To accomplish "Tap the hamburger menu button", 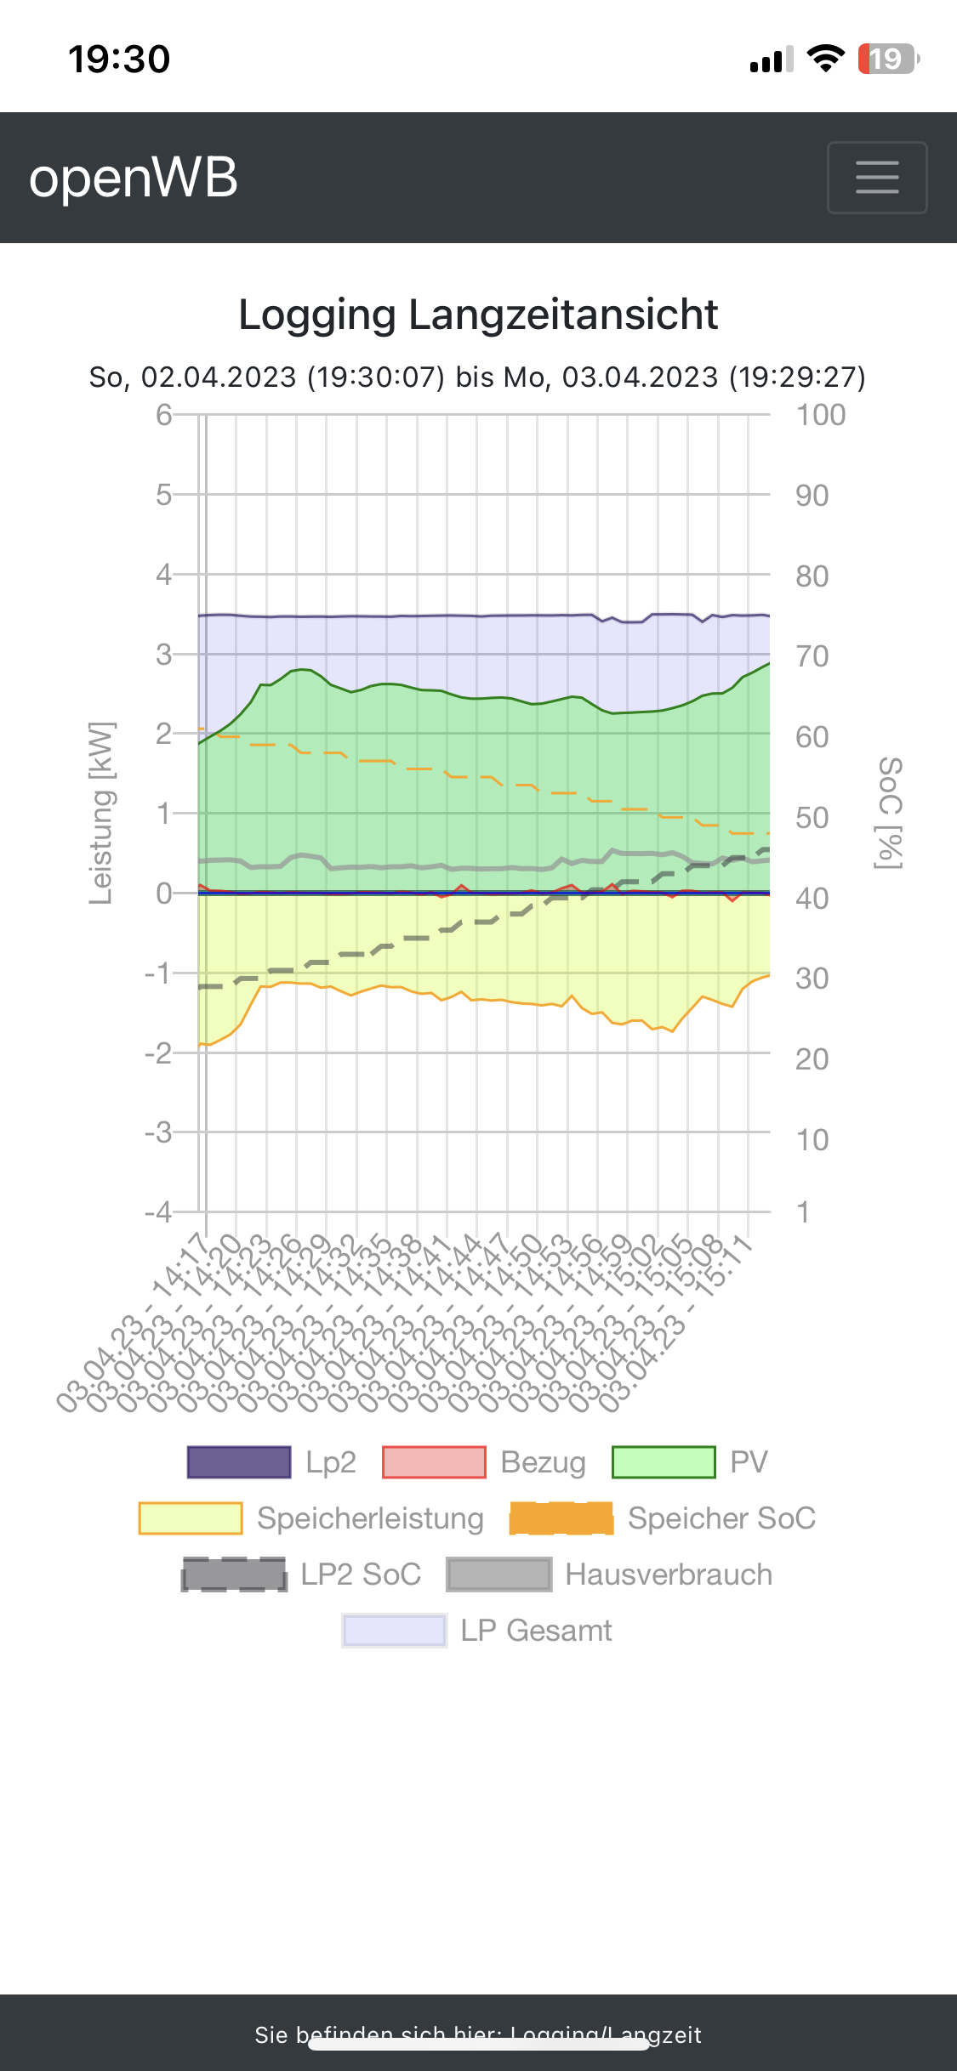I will [x=876, y=177].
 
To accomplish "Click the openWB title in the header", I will [x=134, y=178].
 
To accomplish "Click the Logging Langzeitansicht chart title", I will [x=478, y=315].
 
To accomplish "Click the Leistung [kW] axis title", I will [x=100, y=813].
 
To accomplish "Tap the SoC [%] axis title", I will [x=889, y=813].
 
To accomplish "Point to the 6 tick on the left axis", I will [x=163, y=415].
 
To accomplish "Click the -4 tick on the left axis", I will [x=158, y=1211].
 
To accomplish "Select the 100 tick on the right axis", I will [x=820, y=415].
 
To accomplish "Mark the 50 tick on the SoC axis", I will [x=812, y=818].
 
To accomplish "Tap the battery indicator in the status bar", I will [x=888, y=59].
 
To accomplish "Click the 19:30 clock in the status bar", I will [x=119, y=59].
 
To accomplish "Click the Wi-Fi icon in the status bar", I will [x=825, y=59].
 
